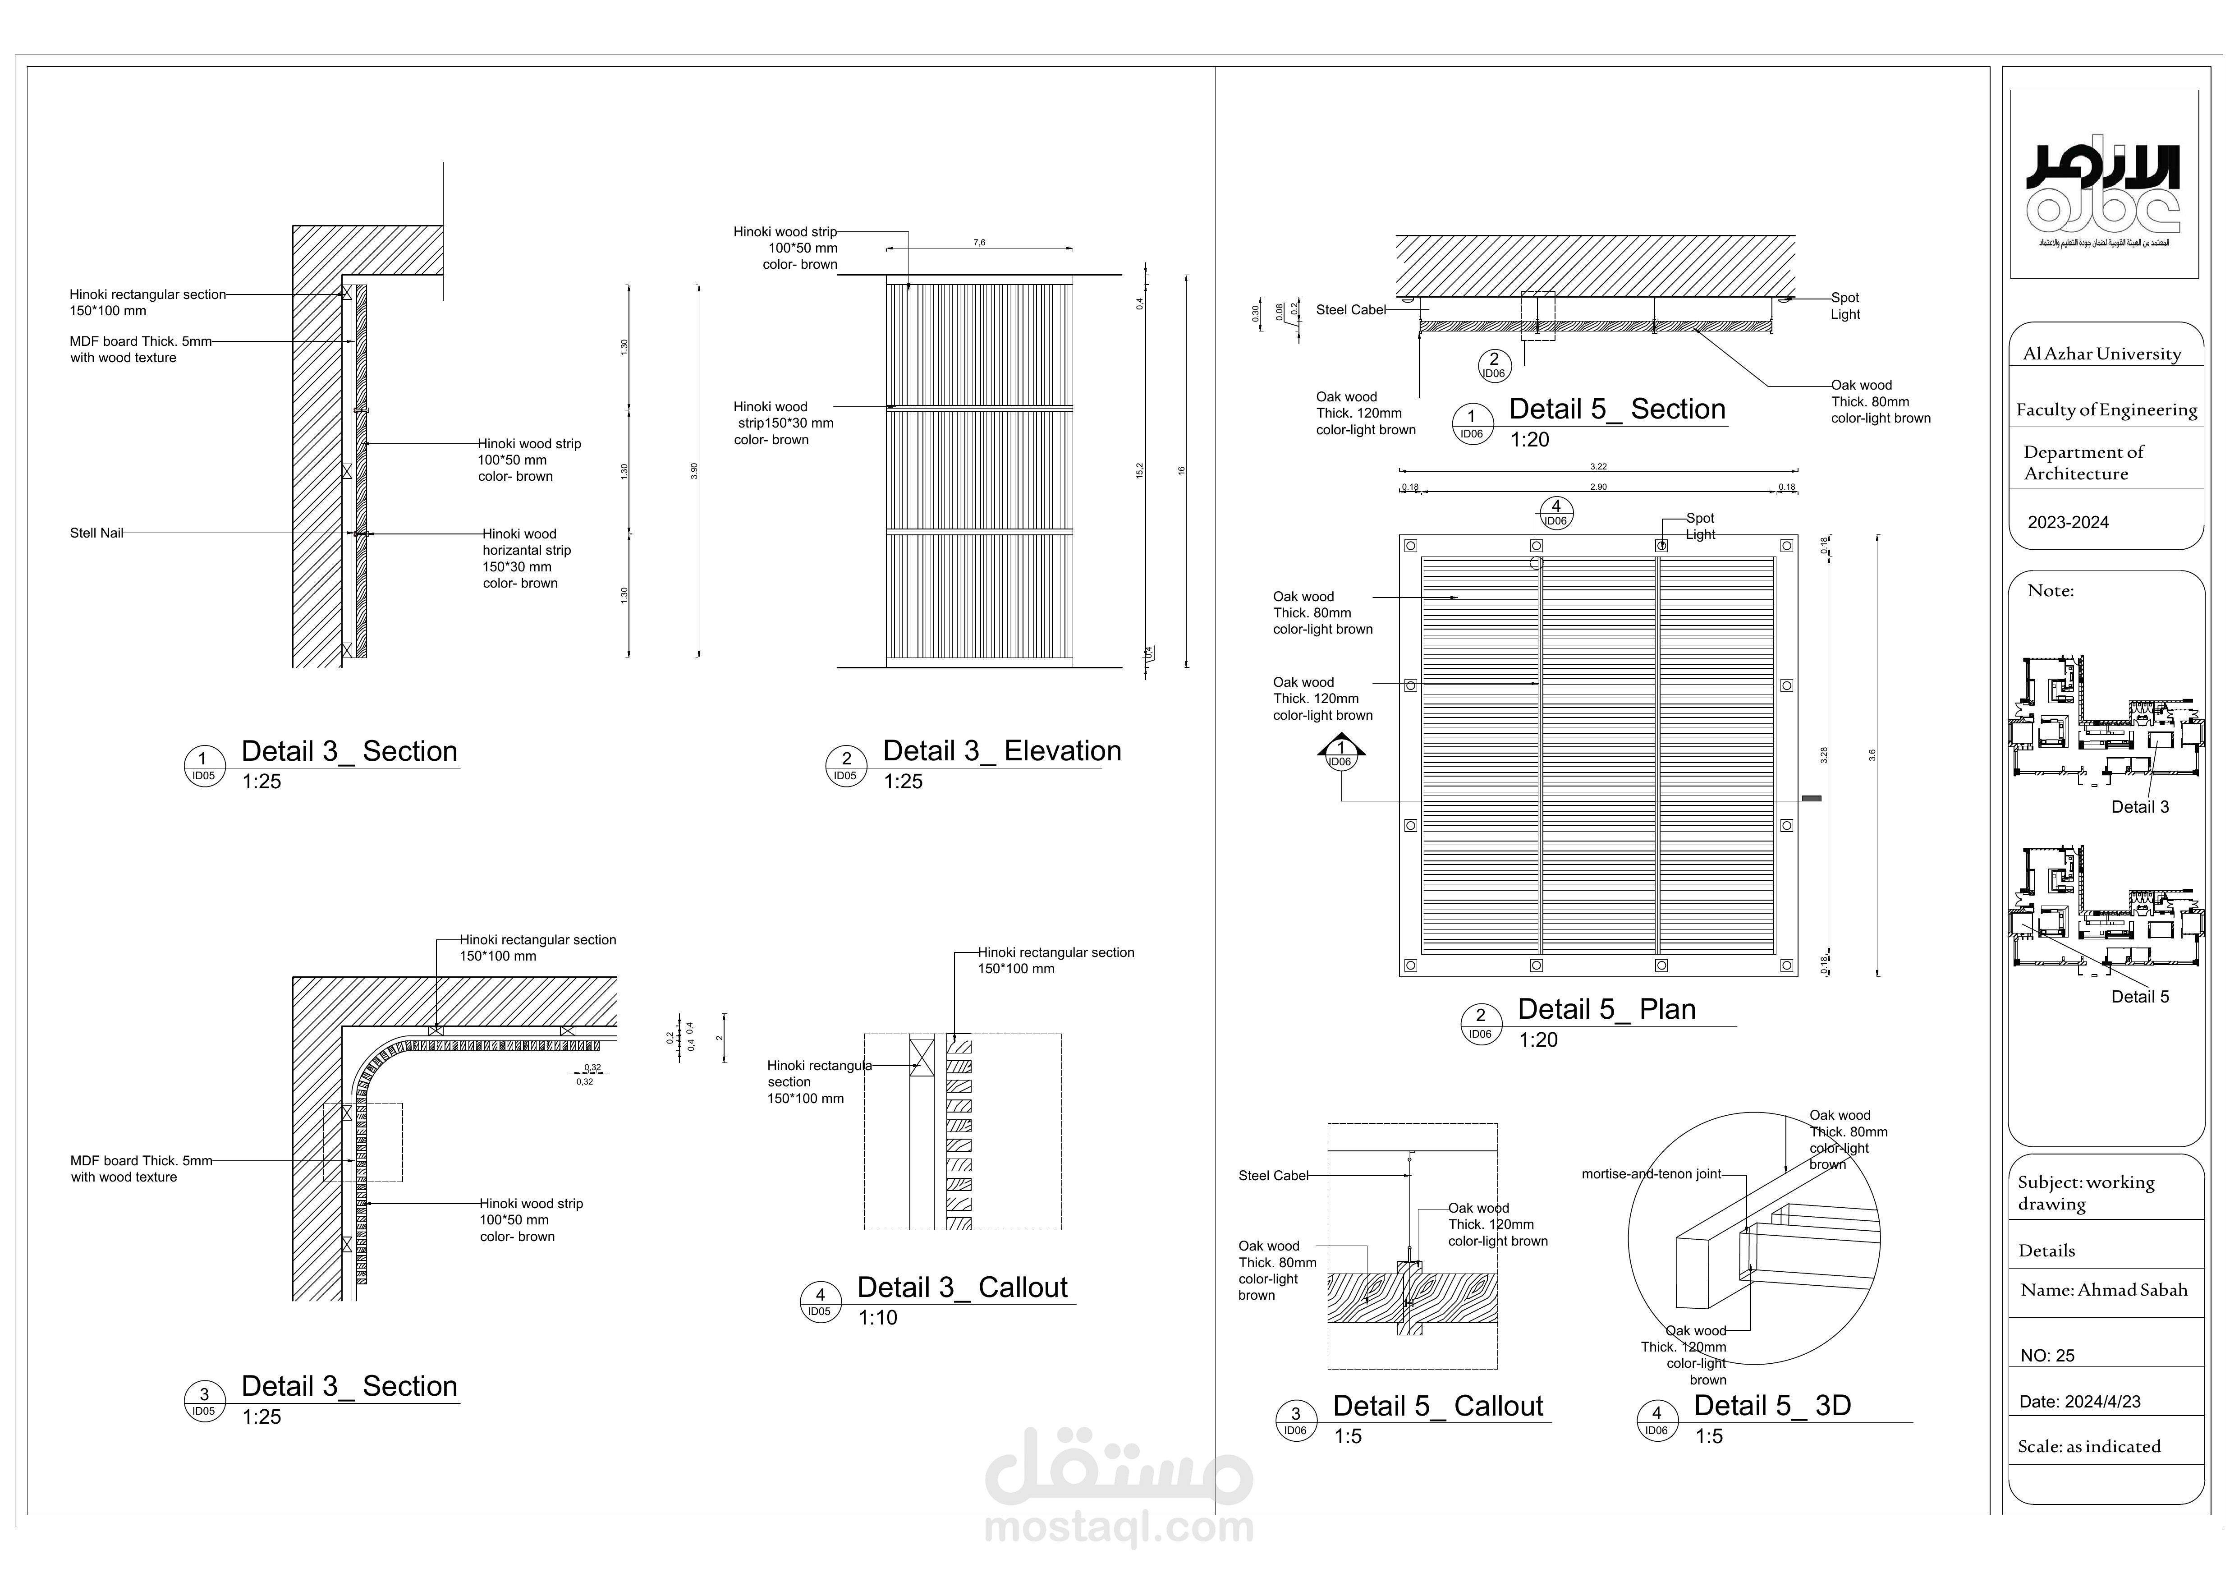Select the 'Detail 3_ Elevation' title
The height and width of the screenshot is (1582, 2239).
click(x=1001, y=751)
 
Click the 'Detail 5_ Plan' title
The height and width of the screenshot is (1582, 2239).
click(x=1606, y=1009)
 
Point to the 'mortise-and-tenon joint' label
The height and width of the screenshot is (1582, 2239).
click(x=1651, y=1174)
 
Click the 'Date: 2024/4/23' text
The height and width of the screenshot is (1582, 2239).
click(x=2079, y=1402)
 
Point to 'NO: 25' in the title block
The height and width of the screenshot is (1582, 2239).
click(x=2047, y=1356)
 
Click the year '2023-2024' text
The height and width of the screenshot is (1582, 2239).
click(x=2067, y=523)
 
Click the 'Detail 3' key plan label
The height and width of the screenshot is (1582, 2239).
click(x=2139, y=808)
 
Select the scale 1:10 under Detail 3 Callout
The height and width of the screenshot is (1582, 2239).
click(x=878, y=1318)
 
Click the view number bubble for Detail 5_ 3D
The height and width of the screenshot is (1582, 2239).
click(x=1656, y=1419)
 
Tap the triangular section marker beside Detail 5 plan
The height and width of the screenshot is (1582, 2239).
click(x=1341, y=752)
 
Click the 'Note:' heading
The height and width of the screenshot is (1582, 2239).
click(x=2050, y=591)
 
